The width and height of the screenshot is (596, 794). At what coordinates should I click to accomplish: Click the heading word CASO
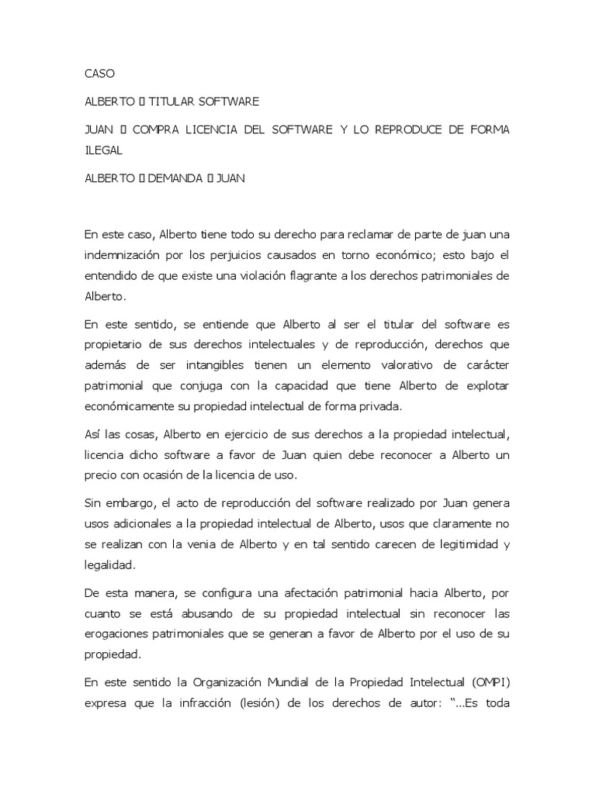tap(99, 74)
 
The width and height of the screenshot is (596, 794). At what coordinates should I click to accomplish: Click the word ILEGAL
tap(104, 150)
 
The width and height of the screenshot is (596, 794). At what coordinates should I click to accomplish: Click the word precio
tap(101, 475)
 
